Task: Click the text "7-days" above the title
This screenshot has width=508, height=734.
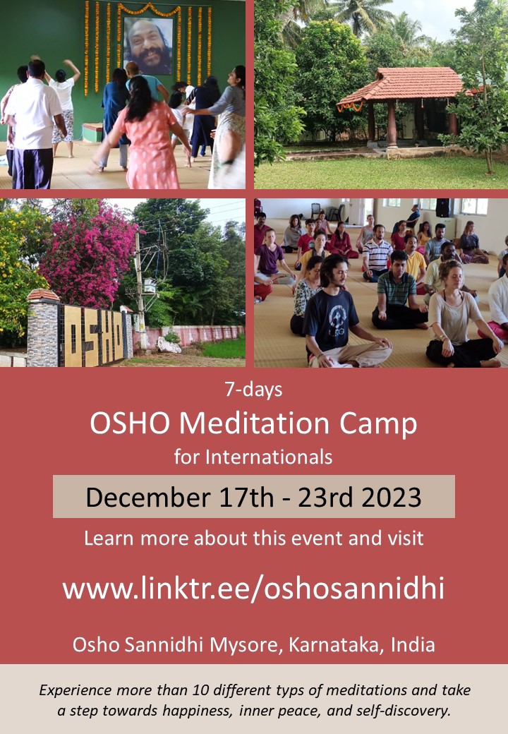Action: click(253, 390)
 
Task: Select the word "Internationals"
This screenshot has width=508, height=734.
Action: click(269, 457)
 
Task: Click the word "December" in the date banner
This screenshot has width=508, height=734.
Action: click(148, 497)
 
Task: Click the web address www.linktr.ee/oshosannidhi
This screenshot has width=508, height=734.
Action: click(253, 589)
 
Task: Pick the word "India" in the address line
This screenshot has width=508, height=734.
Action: click(413, 645)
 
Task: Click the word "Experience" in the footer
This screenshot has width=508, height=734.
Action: click(75, 690)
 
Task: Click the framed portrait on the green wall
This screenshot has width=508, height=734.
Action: click(149, 45)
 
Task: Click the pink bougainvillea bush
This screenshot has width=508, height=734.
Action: click(89, 253)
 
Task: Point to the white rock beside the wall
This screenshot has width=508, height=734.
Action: click(169, 345)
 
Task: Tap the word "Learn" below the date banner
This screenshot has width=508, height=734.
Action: click(109, 539)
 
